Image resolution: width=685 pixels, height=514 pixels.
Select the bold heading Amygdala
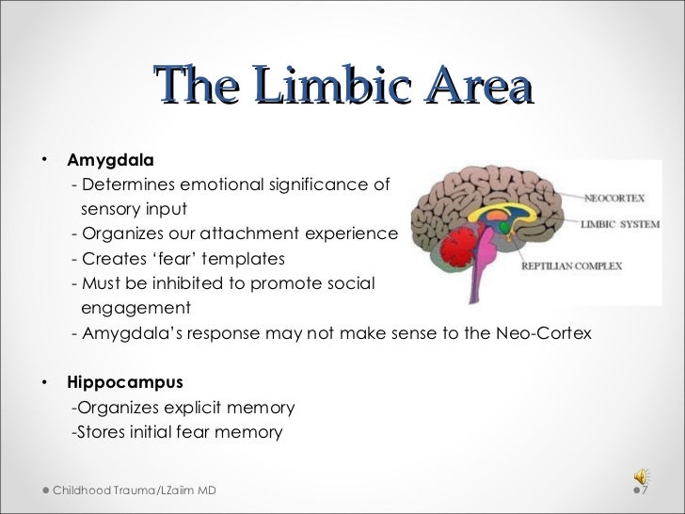pos(110,159)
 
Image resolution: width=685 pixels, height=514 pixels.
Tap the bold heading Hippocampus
pos(125,383)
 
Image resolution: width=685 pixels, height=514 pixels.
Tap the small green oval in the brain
pos(504,226)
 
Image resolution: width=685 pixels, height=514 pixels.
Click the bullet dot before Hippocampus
pos(44,383)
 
